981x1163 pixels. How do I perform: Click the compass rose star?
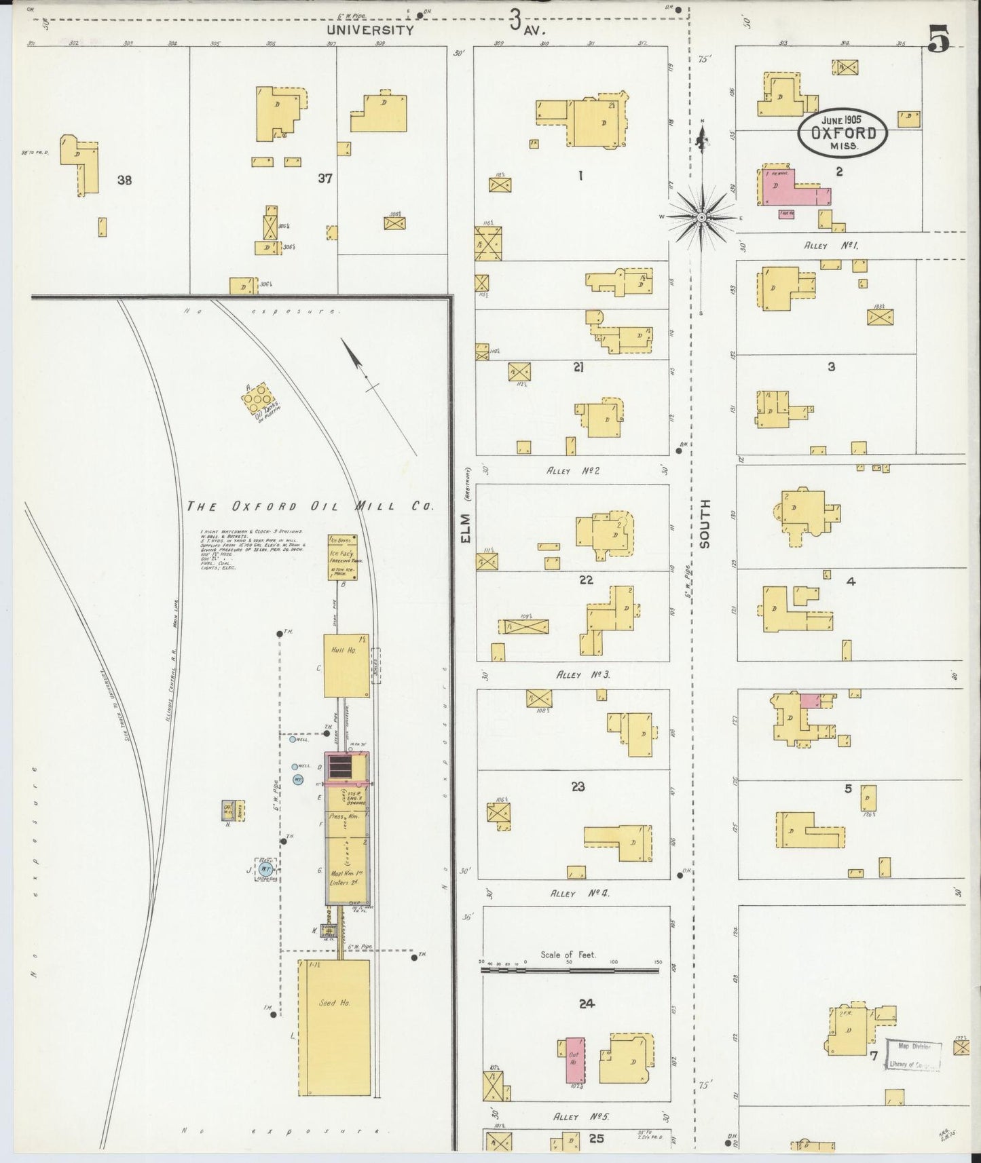coord(702,217)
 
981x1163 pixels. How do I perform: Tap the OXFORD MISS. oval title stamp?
coord(842,133)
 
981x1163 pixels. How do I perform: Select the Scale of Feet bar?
coord(570,971)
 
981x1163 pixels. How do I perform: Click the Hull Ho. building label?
coord(338,650)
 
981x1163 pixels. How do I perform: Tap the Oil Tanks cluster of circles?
coord(258,401)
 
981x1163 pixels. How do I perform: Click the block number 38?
coord(124,180)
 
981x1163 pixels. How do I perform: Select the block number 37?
coord(325,178)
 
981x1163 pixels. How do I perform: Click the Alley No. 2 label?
coord(573,470)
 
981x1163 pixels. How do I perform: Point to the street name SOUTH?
coord(705,523)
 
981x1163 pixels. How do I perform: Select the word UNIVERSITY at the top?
coord(369,30)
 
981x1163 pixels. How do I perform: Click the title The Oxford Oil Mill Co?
coord(310,506)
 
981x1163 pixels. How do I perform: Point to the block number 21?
coord(578,367)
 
